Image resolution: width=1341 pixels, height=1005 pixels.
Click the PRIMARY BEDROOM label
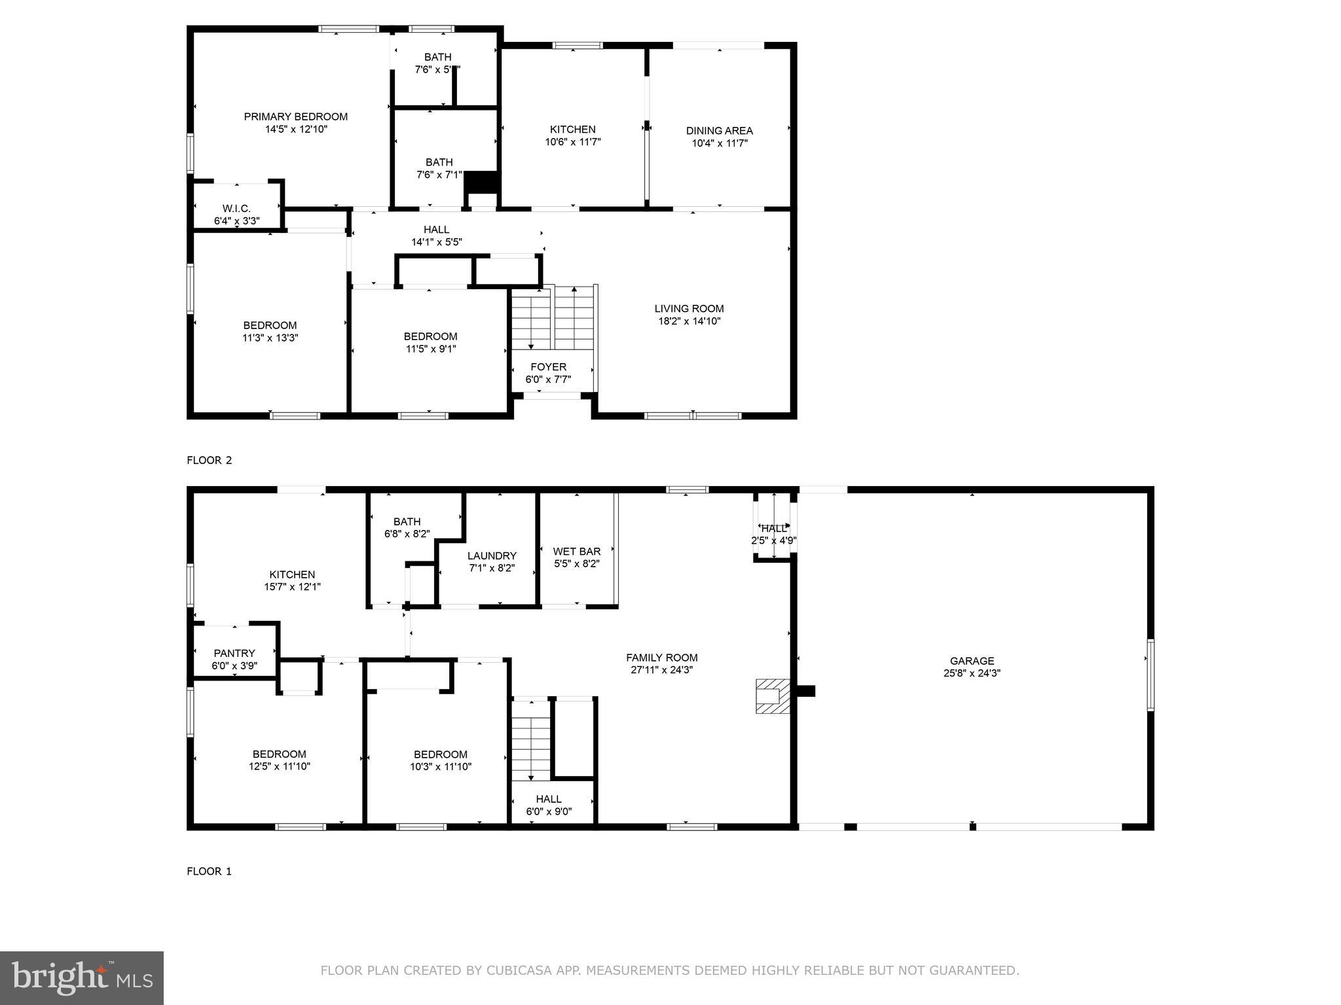click(295, 116)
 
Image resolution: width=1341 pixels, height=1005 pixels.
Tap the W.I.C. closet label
click(236, 209)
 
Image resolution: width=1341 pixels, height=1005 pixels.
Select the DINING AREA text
click(719, 131)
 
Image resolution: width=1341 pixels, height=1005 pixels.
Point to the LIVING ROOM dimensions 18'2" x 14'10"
click(689, 321)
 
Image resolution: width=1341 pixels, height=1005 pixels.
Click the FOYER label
click(548, 367)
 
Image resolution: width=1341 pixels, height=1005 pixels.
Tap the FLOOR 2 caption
click(209, 460)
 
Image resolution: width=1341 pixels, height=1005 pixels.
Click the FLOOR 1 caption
click(209, 871)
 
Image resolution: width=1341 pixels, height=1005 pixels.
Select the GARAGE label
click(972, 661)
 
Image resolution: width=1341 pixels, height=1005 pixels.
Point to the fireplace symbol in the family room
click(772, 696)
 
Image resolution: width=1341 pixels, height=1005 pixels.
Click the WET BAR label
click(576, 552)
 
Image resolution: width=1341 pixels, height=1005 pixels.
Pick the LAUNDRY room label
click(492, 556)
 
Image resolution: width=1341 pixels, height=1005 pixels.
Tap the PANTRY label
click(234, 653)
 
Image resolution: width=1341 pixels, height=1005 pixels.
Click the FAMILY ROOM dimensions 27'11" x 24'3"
click(661, 670)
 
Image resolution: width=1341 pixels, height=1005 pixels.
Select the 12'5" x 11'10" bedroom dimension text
click(279, 766)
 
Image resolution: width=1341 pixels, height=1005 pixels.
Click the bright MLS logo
click(81, 978)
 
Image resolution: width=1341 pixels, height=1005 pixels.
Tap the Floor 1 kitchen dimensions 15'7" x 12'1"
click(292, 587)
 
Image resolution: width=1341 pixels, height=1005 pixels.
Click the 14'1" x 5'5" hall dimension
click(436, 242)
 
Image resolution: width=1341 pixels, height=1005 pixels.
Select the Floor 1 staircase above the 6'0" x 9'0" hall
click(530, 739)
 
